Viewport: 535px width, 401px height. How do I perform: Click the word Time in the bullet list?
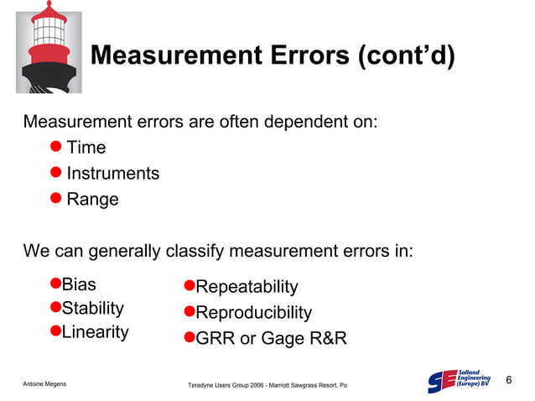(86, 148)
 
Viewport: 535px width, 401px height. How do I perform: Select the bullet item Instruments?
(112, 174)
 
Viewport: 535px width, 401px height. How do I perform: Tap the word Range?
(92, 200)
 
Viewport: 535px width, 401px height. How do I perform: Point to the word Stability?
(93, 308)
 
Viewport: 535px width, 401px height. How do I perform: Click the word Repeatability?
(247, 287)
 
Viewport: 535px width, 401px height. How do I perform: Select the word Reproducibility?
(253, 313)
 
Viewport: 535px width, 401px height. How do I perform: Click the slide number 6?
(508, 382)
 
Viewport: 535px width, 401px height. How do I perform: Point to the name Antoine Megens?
(44, 383)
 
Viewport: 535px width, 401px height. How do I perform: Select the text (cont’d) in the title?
(406, 56)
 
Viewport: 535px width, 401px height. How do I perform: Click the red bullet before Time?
(55, 148)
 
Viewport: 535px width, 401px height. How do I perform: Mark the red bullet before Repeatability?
(189, 287)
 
